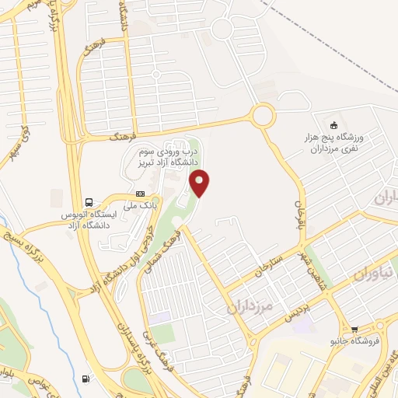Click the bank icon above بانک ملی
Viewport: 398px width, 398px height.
[x=140, y=194]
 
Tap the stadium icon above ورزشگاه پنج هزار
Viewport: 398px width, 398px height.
[x=334, y=125]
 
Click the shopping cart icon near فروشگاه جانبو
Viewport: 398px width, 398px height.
[x=355, y=329]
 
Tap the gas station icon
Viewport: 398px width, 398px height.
[x=84, y=379]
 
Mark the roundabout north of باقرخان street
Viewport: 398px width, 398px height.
[x=262, y=117]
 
